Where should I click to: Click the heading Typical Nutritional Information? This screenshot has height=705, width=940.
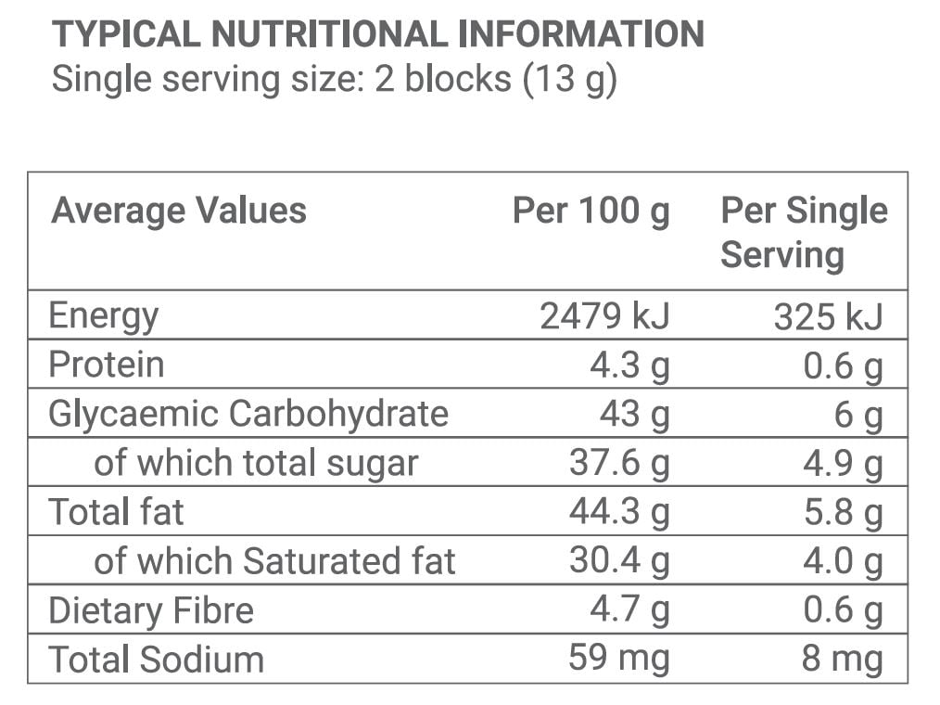(x=377, y=35)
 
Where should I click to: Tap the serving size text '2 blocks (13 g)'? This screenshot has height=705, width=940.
(x=496, y=79)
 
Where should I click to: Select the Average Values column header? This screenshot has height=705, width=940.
(x=178, y=211)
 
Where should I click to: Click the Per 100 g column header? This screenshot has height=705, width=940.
(x=591, y=211)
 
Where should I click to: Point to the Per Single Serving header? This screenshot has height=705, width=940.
(x=803, y=232)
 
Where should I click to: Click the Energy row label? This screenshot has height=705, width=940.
(x=104, y=316)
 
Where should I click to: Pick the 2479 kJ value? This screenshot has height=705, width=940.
(x=603, y=316)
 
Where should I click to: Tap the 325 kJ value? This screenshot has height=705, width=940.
(x=828, y=316)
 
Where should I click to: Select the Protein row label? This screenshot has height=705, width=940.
(x=107, y=365)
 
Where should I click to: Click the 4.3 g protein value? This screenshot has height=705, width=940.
(x=629, y=365)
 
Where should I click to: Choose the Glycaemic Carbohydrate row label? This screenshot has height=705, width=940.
(x=248, y=414)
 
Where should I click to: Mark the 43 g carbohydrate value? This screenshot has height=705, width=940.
(x=634, y=414)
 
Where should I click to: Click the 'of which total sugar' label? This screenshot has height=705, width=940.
(x=256, y=463)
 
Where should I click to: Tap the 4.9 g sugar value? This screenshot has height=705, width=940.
(x=842, y=463)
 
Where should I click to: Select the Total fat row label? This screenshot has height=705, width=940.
(x=117, y=512)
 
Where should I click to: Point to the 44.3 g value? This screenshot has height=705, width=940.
(x=618, y=512)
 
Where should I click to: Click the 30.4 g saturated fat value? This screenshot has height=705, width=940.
(x=618, y=561)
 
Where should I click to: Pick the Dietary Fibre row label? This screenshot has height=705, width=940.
(x=151, y=610)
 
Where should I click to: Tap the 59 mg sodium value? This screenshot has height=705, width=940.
(x=618, y=660)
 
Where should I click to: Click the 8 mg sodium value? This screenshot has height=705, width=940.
(x=842, y=660)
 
